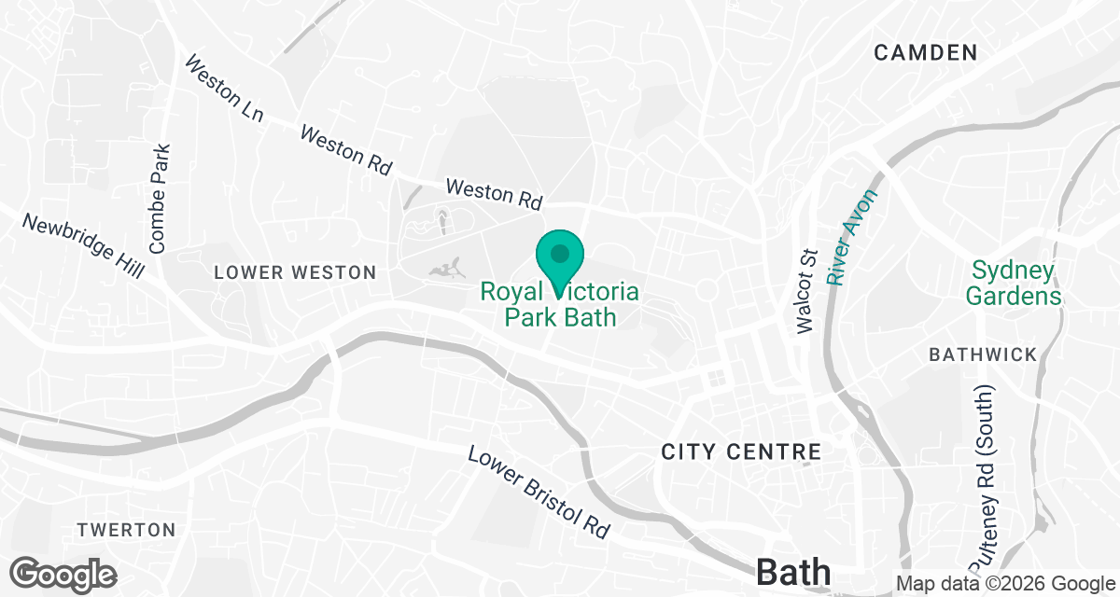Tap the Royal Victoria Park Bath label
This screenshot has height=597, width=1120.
point(560,305)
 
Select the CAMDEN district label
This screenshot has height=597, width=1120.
point(925,53)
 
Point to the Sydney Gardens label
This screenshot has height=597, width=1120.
point(1014,284)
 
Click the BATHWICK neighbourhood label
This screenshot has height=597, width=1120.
point(983,354)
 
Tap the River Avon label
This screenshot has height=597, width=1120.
point(853,237)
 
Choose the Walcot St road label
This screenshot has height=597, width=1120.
point(806,290)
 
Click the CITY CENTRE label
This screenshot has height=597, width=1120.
point(741,452)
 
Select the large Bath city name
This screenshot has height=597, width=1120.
point(794,571)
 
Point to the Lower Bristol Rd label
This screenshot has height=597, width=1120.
point(538,492)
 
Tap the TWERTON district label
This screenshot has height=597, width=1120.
point(126,530)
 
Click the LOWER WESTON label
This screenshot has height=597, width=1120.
point(295,272)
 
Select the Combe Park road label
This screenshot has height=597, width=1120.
point(159,199)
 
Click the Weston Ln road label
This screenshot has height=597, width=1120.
point(224,90)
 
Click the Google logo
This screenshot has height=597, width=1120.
point(63,573)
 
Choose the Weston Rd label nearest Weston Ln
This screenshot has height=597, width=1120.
point(345,149)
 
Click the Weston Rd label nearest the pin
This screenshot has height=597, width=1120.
point(494,193)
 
